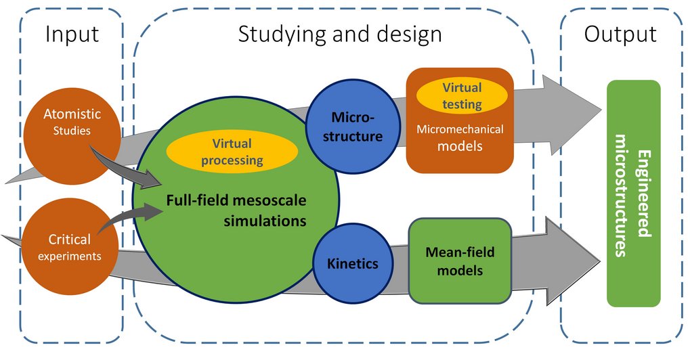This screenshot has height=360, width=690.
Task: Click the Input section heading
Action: point(72,35)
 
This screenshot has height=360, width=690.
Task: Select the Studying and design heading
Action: point(339,35)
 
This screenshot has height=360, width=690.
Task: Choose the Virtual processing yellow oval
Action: point(232,152)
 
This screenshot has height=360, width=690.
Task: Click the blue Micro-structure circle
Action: point(348,126)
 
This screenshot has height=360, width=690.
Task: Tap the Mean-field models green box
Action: point(460,261)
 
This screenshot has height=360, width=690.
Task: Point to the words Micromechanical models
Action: point(460,137)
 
